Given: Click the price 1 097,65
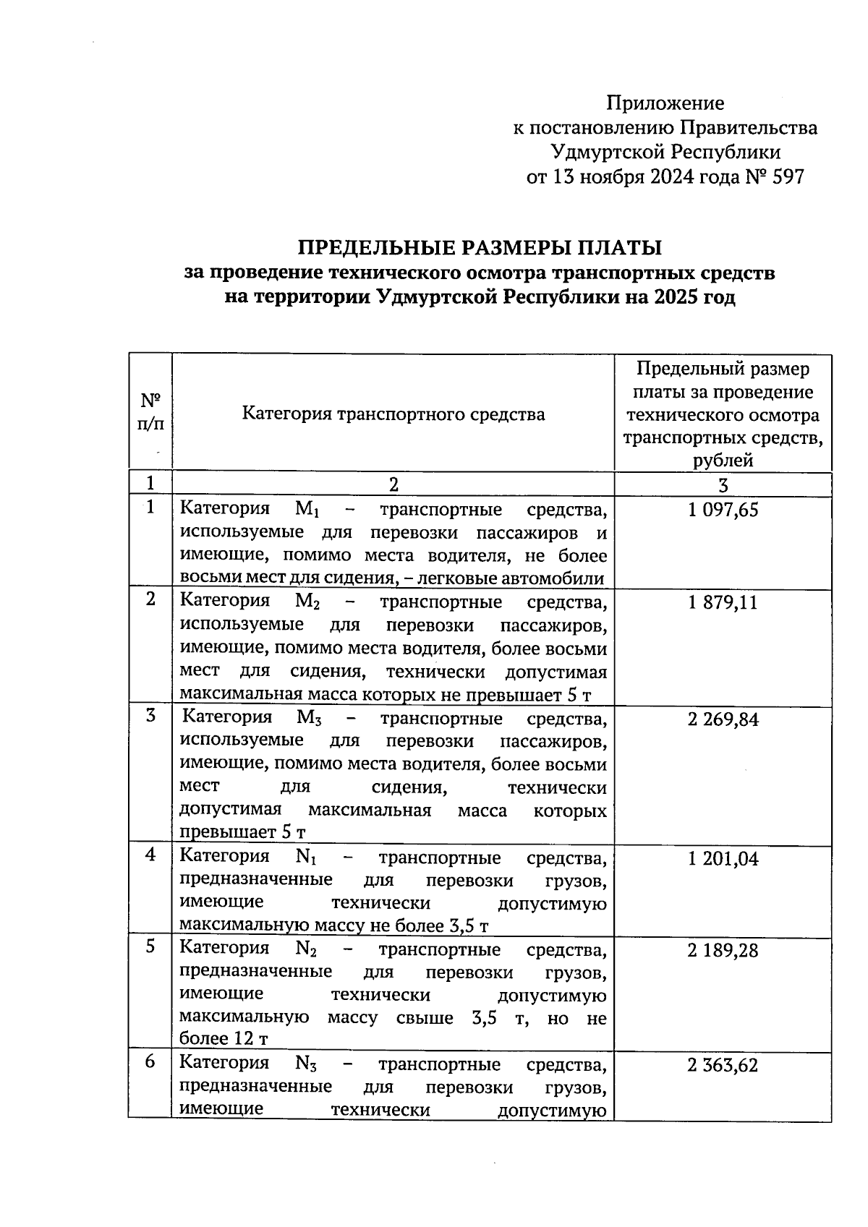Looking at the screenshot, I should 723,510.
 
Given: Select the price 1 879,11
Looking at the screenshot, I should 723,603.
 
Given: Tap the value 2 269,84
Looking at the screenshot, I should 723,720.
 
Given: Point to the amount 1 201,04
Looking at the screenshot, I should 723,859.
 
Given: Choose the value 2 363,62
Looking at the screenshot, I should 723,1066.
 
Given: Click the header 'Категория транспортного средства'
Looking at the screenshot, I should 393,414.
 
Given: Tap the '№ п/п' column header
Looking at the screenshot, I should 150,412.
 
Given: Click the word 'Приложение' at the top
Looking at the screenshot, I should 665,103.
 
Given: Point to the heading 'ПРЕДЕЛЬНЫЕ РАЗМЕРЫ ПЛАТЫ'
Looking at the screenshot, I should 480,248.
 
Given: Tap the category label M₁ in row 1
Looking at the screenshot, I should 307,510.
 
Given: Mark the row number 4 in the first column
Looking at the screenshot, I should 150,855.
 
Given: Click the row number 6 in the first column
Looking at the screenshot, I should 150,1063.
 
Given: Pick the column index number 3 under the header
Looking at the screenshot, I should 723,484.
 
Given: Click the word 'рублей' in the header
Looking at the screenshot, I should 723,461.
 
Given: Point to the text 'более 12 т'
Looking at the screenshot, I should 224,1040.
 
